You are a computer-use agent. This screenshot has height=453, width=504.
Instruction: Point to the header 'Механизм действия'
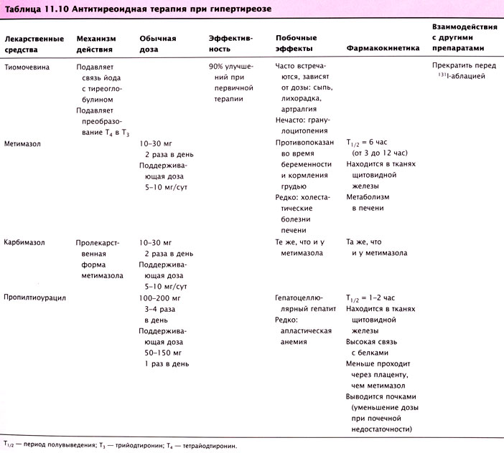[95, 43]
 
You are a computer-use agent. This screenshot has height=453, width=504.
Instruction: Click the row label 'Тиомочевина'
[29, 66]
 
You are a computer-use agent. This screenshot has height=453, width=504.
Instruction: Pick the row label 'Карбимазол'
[25, 242]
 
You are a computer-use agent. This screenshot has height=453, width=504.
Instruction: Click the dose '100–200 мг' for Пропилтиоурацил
[162, 297]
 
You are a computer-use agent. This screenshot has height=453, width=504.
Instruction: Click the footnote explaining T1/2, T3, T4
[118, 445]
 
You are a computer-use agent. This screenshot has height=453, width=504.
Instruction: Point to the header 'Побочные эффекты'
[294, 43]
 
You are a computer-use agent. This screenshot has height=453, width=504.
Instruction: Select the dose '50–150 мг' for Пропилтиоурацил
[161, 353]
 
